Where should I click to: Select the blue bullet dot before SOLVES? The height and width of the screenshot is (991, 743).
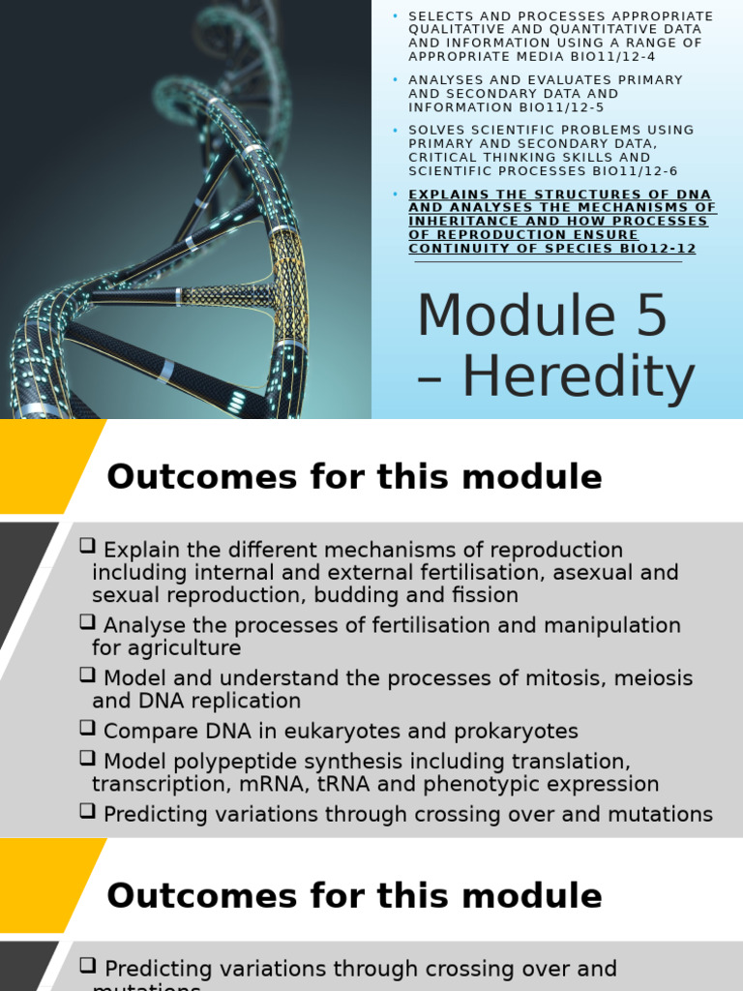point(395,130)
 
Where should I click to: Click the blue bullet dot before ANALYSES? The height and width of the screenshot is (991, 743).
point(395,79)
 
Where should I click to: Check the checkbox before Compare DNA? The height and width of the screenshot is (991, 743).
point(87,729)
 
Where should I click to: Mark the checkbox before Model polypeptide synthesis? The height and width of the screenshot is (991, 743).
point(87,760)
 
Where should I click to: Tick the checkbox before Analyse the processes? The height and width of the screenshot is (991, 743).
point(87,624)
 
